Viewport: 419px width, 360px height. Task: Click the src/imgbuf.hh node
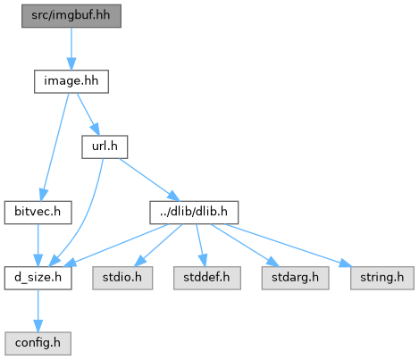coord(71,16)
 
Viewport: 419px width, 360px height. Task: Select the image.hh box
coord(71,81)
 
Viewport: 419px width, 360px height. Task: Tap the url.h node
coord(105,147)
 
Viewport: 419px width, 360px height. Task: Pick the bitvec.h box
coord(38,213)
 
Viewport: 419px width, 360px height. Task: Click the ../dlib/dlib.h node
coord(194,213)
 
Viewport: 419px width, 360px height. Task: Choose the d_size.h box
coord(38,278)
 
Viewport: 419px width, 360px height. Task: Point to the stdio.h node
coord(122,278)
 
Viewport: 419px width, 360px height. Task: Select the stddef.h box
coord(207,278)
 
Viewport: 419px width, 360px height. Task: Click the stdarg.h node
coord(295,278)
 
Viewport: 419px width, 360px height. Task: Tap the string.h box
coord(382,278)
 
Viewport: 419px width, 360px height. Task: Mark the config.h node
coord(38,343)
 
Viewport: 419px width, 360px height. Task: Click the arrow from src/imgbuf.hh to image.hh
coord(71,49)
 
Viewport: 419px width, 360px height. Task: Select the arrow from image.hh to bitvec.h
coord(55,147)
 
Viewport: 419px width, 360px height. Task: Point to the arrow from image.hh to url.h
coord(88,114)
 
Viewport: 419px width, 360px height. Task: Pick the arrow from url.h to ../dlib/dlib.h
coord(149,180)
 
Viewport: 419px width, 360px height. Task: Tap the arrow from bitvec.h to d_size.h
coord(38,246)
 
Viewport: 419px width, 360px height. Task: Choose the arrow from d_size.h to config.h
coord(38,311)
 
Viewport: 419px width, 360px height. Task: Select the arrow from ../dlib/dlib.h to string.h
coord(288,246)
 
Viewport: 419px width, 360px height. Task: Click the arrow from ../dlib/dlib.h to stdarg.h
coord(245,245)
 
